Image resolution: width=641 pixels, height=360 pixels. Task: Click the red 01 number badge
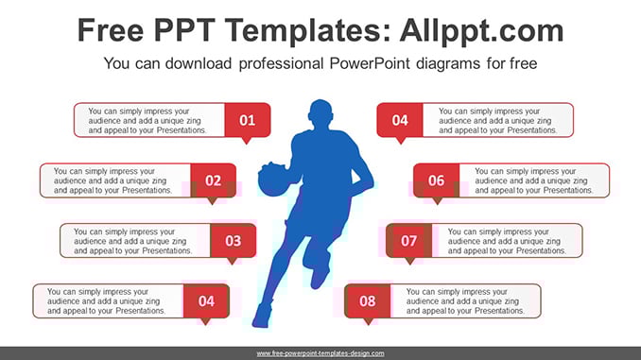(x=248, y=120)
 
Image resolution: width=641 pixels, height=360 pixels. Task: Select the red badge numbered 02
(x=213, y=180)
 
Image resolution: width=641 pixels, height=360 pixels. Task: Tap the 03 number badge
(x=233, y=241)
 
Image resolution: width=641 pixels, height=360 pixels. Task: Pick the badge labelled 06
(x=436, y=180)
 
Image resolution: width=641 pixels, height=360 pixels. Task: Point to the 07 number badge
(x=408, y=241)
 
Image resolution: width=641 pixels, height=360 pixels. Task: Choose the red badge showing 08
(x=367, y=300)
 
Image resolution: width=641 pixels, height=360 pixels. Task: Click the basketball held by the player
(x=272, y=179)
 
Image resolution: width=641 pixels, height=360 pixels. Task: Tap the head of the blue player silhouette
(x=320, y=113)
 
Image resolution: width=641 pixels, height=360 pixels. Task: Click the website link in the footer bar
(x=320, y=353)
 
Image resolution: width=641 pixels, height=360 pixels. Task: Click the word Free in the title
(x=111, y=30)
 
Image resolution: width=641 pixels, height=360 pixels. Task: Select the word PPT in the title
(x=184, y=30)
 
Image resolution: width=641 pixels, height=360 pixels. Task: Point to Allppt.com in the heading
(x=481, y=31)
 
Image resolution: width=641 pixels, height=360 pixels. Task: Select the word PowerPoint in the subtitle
(x=370, y=63)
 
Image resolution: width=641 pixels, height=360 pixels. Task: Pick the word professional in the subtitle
(x=281, y=64)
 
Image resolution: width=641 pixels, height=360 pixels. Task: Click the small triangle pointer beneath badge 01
(x=246, y=141)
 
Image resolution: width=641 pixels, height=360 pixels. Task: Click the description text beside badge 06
(x=534, y=180)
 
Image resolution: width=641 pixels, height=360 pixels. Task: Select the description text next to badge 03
(x=133, y=241)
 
